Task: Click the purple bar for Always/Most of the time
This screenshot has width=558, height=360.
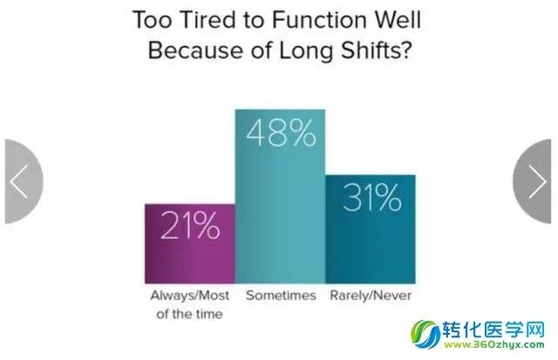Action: point(190,244)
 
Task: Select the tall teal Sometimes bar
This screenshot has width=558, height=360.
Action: point(280,196)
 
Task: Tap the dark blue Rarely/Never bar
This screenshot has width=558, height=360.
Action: point(370,229)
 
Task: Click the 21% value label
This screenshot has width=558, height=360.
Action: point(190,225)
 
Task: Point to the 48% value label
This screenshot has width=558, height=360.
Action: point(281,132)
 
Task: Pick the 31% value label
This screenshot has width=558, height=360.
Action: point(371,197)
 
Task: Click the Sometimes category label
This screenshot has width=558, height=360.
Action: point(281,295)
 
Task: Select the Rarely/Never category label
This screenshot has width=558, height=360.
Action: point(371,295)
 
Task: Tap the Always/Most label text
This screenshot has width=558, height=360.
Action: point(190,295)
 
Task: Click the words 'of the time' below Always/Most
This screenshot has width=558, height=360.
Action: point(189,314)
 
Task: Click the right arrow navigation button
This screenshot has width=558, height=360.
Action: point(532,181)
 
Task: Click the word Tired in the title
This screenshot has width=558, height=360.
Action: point(208,19)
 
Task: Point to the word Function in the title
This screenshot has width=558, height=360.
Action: point(319,19)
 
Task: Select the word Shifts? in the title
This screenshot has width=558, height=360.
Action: point(377,51)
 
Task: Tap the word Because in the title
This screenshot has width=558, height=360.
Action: point(195,51)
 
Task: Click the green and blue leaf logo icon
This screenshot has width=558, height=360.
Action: point(425,335)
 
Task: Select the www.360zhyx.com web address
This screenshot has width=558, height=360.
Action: point(494,344)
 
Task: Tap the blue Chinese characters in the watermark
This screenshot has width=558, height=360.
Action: point(493,329)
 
